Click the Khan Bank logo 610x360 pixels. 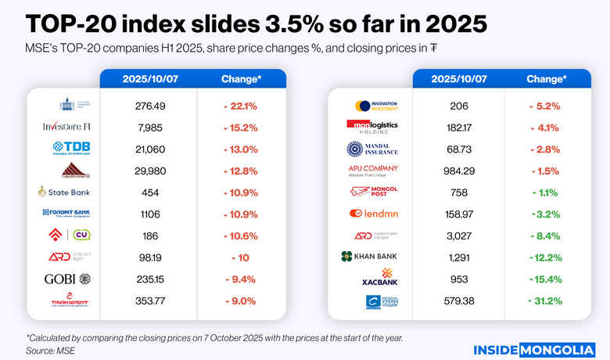click(x=370, y=256)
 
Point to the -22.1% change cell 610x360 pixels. click(x=240, y=106)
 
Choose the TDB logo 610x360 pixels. click(x=70, y=149)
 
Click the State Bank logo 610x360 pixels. click(x=65, y=192)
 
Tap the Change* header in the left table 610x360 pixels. click(x=240, y=79)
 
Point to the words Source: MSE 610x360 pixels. click(x=51, y=351)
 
